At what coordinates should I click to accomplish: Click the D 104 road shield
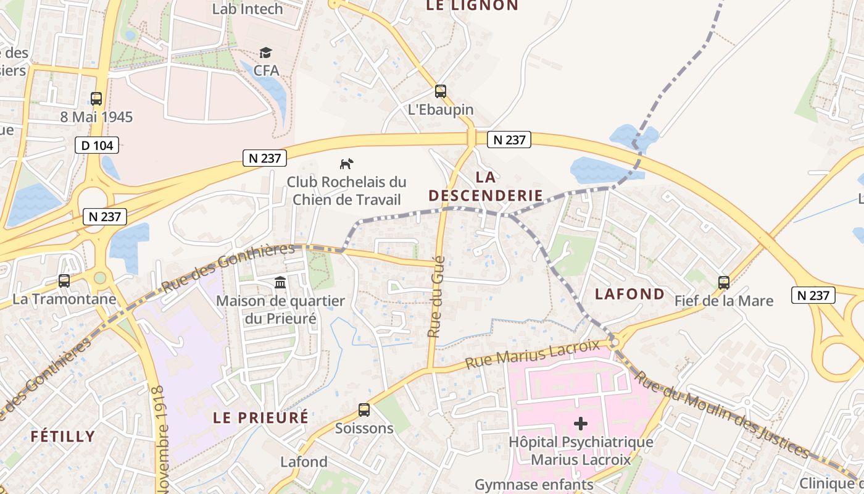(97, 146)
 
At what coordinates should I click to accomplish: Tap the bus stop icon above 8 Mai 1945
(96, 98)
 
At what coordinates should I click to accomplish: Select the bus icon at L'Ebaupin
(441, 91)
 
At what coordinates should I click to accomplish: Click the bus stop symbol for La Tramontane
(64, 281)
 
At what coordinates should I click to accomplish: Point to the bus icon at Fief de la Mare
(724, 283)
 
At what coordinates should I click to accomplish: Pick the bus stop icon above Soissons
(364, 409)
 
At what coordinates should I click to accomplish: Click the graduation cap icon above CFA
(266, 52)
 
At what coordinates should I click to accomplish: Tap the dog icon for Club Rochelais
(347, 164)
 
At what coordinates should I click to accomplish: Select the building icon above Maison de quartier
(280, 282)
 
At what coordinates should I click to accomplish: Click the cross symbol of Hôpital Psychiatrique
(581, 424)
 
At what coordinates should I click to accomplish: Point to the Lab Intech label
(247, 9)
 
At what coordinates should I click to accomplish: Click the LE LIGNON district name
(472, 6)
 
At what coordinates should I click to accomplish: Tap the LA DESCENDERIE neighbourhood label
(486, 186)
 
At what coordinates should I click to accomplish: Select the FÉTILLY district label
(63, 437)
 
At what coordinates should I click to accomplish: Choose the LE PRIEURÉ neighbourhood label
(260, 417)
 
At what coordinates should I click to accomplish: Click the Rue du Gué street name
(436, 296)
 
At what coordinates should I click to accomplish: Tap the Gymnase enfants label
(534, 485)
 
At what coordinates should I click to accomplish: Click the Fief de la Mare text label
(724, 301)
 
